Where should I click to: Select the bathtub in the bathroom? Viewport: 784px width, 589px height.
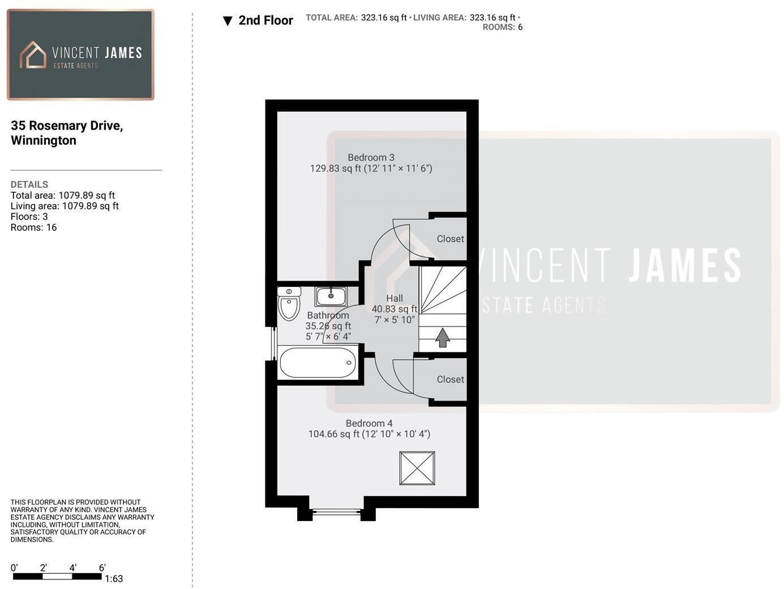tap(318, 363)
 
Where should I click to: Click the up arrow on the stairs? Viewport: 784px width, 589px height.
tap(443, 338)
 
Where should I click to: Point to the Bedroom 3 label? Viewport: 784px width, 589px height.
tap(371, 158)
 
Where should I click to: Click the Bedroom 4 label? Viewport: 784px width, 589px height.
tap(369, 423)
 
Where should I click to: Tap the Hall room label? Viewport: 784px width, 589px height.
tap(395, 299)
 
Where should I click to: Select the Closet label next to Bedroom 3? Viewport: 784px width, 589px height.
tap(450, 239)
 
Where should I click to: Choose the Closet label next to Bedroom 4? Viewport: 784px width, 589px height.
tap(450, 380)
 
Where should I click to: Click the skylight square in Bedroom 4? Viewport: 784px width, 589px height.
tap(417, 468)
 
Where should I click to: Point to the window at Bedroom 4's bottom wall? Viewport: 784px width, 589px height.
tap(336, 512)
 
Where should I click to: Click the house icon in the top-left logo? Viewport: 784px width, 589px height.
tap(33, 55)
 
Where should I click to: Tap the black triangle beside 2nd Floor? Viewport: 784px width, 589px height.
tap(228, 21)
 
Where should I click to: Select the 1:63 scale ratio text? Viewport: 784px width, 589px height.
tap(114, 579)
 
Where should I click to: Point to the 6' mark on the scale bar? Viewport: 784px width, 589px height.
tap(102, 568)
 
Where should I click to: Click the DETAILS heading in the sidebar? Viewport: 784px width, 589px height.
tap(29, 184)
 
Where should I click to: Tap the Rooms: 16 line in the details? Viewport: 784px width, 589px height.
tap(33, 227)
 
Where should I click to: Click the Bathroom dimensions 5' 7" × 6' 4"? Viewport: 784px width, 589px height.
tap(328, 337)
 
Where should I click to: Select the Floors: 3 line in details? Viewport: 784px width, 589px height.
tap(29, 217)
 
